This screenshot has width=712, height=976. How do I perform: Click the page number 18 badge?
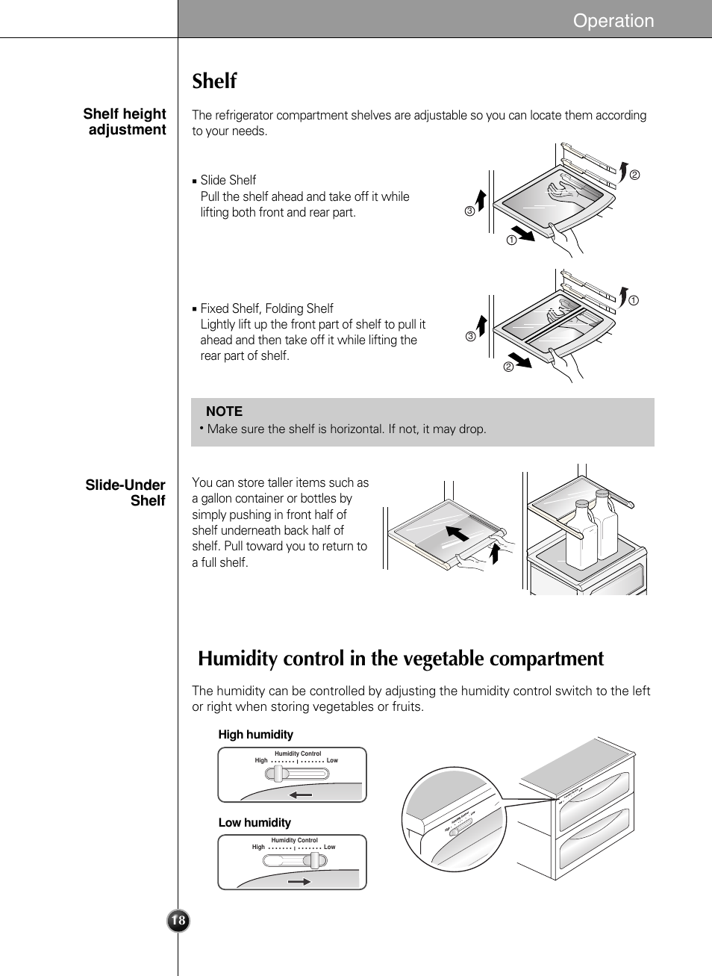tap(178, 921)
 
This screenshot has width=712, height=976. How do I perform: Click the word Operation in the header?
tap(613, 21)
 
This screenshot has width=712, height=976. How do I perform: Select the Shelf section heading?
tap(214, 81)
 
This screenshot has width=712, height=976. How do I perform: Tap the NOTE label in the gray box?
tap(224, 411)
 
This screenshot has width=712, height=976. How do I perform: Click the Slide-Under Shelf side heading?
tap(125, 493)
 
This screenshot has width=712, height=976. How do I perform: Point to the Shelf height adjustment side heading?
tap(125, 122)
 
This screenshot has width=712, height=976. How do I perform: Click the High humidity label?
tap(255, 735)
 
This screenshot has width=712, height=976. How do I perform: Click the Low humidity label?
tap(254, 823)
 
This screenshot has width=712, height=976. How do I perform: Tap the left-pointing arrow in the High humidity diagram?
tap(302, 795)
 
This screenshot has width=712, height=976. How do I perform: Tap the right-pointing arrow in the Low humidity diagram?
tap(299, 882)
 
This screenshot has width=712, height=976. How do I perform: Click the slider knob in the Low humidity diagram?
tap(317, 860)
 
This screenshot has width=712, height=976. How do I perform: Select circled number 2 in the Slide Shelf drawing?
tap(634, 175)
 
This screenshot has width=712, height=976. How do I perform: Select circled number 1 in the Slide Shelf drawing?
tap(511, 240)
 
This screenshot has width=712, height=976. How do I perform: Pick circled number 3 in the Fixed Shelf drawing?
tap(470, 337)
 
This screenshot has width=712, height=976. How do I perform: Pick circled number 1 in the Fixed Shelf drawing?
tap(633, 301)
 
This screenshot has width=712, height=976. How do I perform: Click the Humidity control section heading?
tap(401, 659)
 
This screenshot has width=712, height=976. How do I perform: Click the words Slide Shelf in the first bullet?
tap(228, 180)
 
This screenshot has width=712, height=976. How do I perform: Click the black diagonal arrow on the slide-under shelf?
tap(458, 533)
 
